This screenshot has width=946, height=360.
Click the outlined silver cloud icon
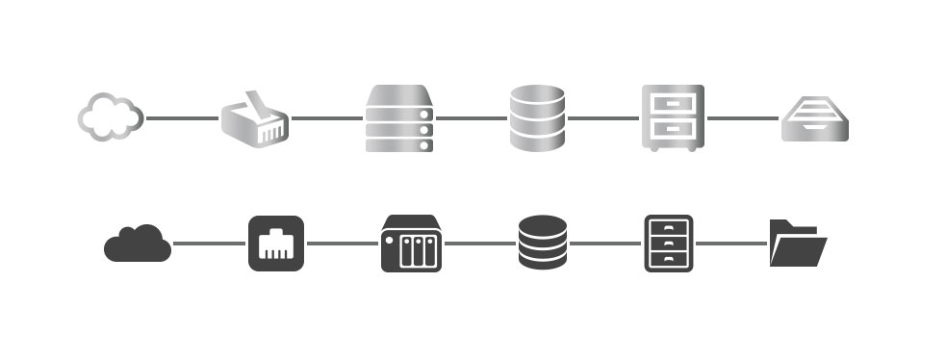[111, 116]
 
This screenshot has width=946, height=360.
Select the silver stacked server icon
[399, 118]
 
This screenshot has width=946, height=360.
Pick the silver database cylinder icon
[537, 118]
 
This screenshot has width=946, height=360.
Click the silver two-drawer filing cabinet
[673, 117]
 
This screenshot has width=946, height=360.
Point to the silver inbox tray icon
[814, 119]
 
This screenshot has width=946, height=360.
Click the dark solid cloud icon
[137, 244]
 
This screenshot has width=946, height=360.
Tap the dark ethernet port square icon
[276, 244]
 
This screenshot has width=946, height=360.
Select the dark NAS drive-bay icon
[411, 244]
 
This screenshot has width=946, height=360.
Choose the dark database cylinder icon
[544, 243]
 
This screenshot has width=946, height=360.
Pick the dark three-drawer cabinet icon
[668, 244]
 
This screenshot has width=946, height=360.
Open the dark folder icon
[798, 244]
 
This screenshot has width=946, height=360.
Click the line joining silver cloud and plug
[182, 118]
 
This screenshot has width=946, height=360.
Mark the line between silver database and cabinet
[602, 118]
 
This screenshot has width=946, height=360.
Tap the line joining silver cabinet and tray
[743, 118]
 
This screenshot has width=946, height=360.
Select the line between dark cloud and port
[209, 244]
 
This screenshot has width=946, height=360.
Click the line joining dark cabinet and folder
[730, 244]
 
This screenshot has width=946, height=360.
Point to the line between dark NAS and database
[479, 244]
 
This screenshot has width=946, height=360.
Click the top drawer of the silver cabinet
[673, 103]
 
